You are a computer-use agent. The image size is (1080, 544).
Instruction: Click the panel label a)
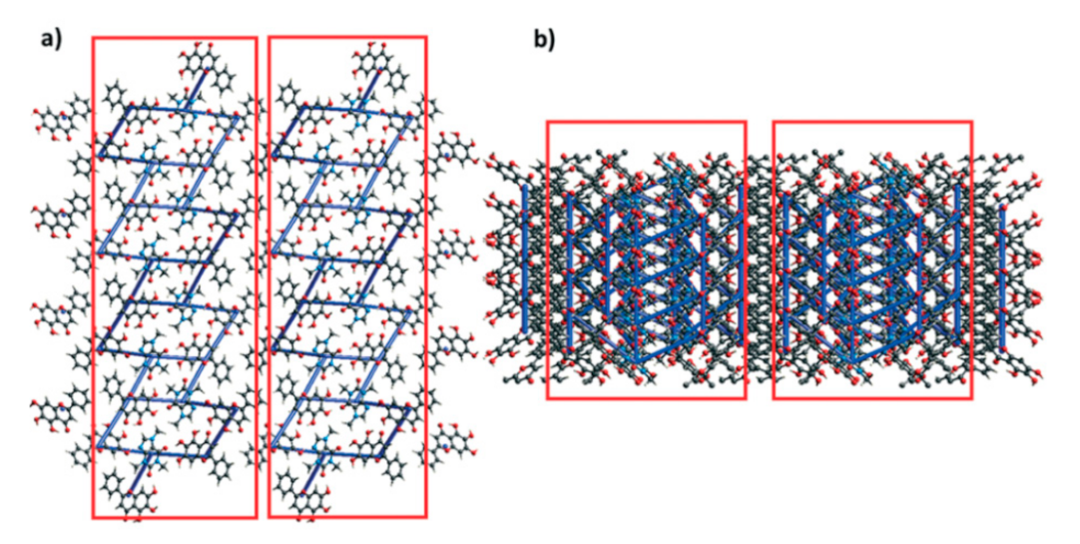(x=50, y=40)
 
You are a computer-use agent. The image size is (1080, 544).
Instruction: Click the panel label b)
(x=545, y=40)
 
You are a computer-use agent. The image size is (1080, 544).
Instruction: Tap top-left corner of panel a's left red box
(x=93, y=38)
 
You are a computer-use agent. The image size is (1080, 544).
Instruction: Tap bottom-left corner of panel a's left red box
(x=93, y=518)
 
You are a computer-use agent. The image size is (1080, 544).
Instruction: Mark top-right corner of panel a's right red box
(x=426, y=38)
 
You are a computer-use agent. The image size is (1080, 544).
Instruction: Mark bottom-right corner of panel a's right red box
(x=426, y=517)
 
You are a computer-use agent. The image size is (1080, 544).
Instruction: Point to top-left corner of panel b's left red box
(x=547, y=123)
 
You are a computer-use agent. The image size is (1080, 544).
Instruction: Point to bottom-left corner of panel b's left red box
(x=547, y=399)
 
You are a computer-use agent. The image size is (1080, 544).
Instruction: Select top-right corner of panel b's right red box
(x=971, y=123)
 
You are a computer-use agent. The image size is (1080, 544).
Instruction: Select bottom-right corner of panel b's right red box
(x=971, y=399)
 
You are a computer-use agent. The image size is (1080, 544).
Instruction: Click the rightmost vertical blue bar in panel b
(x=1002, y=265)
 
